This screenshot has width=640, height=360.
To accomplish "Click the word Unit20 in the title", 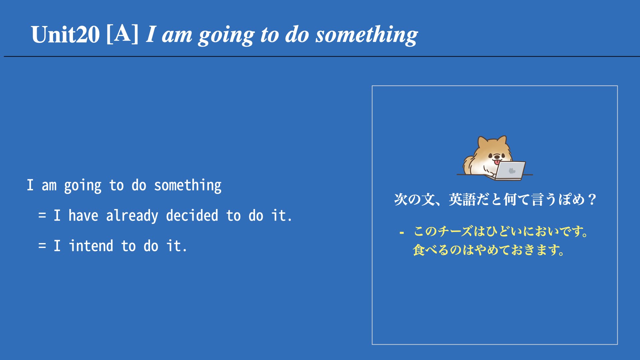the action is tap(65, 34).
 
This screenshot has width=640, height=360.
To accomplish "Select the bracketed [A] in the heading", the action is tap(122, 34).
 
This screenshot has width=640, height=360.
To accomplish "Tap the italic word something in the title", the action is tap(367, 35).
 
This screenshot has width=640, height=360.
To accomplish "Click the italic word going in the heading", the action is tap(226, 36).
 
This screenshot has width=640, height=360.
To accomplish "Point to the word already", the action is tap(132, 216).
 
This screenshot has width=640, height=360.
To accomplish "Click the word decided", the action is tap(192, 215).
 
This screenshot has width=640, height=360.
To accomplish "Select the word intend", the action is tap(91, 246).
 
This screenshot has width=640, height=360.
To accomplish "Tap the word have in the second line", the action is tap(83, 215).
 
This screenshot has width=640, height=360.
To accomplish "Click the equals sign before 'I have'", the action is tap(42, 215).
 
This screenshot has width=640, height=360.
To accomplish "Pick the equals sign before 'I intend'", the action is tap(42, 246).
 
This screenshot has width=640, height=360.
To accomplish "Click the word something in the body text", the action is tap(188, 186).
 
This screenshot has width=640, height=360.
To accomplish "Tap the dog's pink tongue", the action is tap(497, 162).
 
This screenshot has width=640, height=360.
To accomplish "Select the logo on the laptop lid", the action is tap(512, 171).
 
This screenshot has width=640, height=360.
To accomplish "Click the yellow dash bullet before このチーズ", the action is tap(402, 232).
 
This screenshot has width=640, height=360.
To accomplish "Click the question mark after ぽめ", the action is tap(592, 199).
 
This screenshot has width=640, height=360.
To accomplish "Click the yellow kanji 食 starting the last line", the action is tap(419, 250).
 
